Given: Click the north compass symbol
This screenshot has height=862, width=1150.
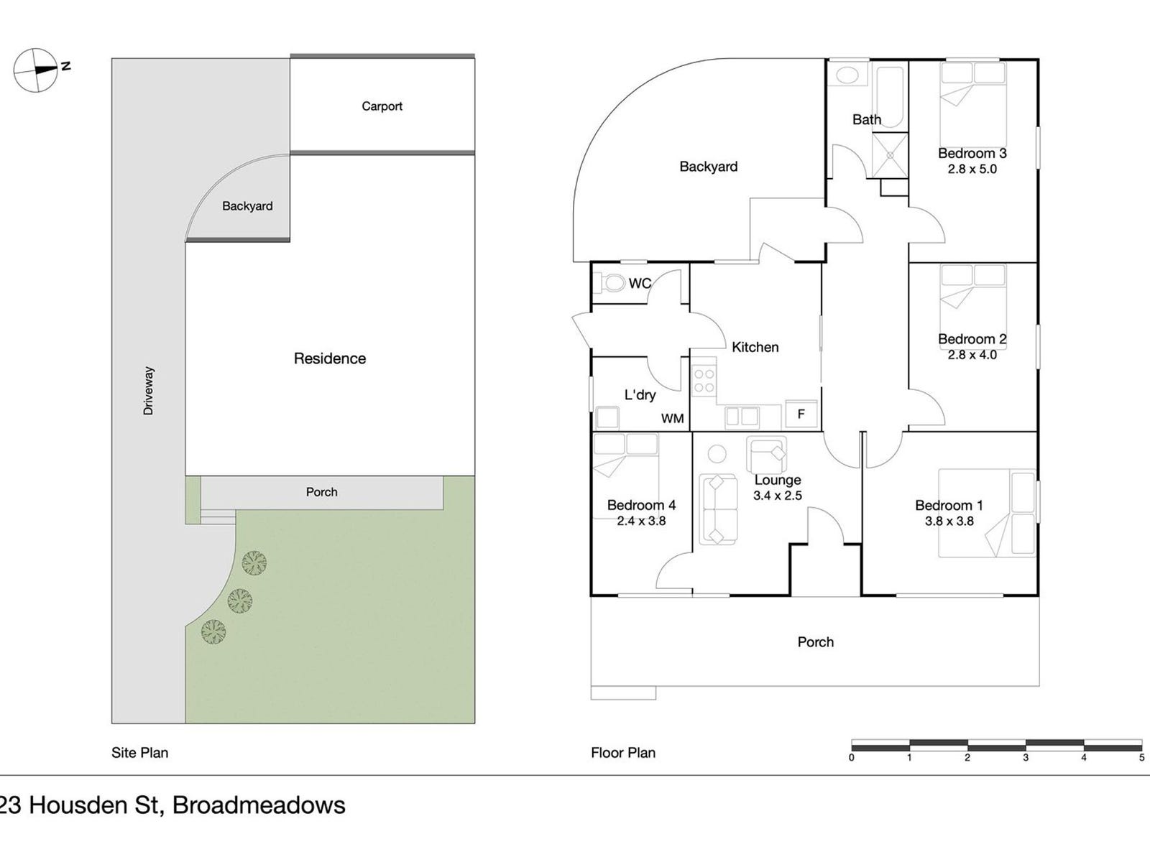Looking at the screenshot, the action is tap(36, 70).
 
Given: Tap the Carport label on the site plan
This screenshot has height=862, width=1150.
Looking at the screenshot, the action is tap(382, 106).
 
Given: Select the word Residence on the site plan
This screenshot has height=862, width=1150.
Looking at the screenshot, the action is tap(330, 358).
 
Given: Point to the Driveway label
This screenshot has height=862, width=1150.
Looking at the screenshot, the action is tap(149, 391).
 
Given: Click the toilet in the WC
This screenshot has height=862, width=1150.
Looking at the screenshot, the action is tap(612, 283).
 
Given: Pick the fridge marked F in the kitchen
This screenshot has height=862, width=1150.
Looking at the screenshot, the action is tap(801, 414).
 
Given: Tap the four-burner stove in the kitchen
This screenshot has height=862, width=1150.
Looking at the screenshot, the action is tap(704, 381).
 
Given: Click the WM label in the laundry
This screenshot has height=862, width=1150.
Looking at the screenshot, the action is tap(672, 418).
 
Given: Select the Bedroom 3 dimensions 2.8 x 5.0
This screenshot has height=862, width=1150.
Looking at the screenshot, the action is tap(972, 170).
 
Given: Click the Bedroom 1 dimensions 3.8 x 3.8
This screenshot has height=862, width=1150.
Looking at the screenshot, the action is tap(949, 521).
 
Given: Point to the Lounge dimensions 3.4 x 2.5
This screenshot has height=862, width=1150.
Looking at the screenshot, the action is tap(778, 496).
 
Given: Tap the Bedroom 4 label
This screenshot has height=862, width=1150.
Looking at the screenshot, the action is tap(641, 505).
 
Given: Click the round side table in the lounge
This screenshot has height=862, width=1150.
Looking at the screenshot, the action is tap(717, 454).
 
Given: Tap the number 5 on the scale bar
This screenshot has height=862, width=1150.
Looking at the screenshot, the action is tap(1141, 757).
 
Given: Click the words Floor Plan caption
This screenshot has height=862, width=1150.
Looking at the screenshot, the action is tap(623, 753).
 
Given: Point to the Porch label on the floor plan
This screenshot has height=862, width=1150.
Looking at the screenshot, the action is tap(816, 642).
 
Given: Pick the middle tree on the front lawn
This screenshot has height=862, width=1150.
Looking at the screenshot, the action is tap(239, 599).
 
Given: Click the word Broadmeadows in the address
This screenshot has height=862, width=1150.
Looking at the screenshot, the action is tap(259, 805).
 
